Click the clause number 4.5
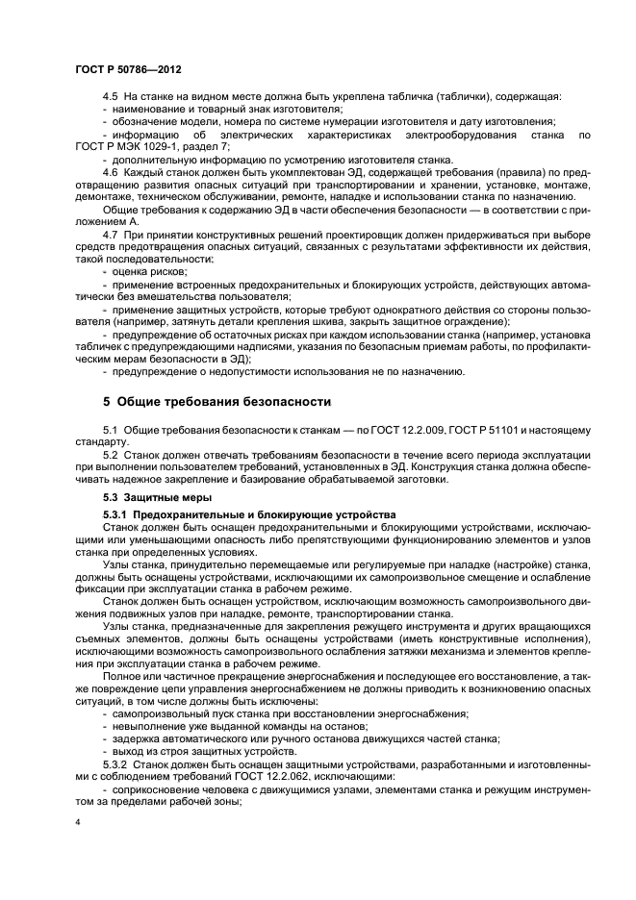coord(109,96)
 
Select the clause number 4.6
coord(109,171)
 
